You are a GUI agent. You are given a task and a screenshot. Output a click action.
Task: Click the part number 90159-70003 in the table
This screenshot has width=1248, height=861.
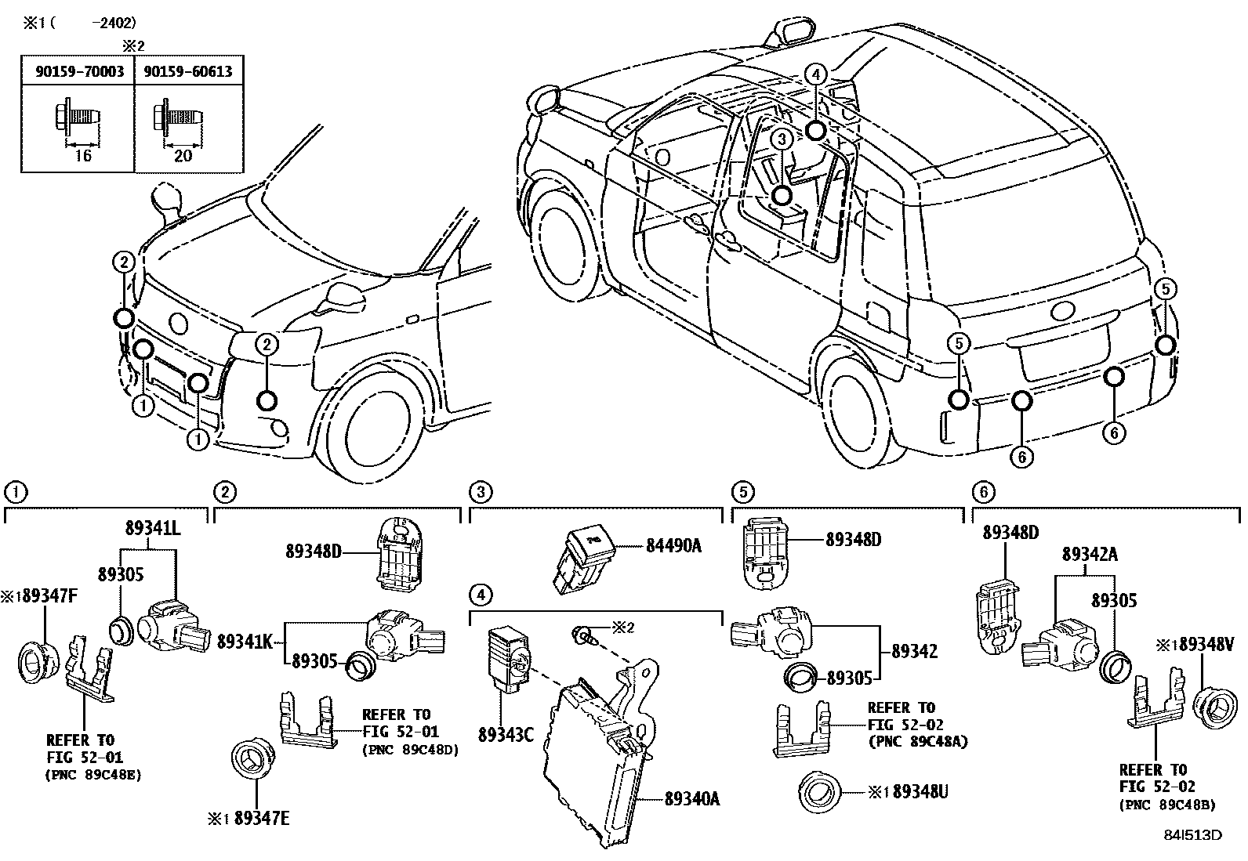pos(80,71)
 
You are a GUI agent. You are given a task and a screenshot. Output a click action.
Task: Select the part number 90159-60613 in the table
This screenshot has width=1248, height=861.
pos(188,71)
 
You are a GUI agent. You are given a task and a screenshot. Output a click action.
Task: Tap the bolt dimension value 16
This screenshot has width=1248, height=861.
pos(82,155)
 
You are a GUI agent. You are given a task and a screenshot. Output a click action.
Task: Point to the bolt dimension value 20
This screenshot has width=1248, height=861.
pos(183,155)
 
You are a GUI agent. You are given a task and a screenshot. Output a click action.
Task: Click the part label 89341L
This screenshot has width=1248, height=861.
pos(153,528)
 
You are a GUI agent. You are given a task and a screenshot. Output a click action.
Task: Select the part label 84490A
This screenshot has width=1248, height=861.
pos(673,546)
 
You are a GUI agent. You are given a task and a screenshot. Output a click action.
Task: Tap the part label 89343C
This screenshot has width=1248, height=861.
pos(506,735)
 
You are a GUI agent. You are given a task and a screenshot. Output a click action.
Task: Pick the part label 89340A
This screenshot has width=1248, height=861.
pos(692,799)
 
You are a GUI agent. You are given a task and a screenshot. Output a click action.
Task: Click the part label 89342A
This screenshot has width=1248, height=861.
pos(1090,554)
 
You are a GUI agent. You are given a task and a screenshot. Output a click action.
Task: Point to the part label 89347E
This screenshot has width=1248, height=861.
pos(262,818)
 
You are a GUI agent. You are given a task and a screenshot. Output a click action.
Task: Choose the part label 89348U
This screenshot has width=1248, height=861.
pos(920,791)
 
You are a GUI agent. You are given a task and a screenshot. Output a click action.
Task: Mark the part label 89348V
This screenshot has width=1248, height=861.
pos(1206,644)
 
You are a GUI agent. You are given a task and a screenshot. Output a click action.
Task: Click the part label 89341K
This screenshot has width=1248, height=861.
pos(245,642)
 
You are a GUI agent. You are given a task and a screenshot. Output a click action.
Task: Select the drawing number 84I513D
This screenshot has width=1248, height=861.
pos(1192,835)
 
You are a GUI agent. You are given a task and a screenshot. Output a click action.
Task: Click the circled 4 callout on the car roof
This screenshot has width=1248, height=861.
pos(816,74)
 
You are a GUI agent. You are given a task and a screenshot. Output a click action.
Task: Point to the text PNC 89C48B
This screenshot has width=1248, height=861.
pos(1167,805)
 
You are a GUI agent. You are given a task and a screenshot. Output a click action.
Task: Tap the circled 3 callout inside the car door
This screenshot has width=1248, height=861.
pos(782,139)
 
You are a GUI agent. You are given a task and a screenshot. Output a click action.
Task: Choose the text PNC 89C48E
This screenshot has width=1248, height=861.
pos(93,775)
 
